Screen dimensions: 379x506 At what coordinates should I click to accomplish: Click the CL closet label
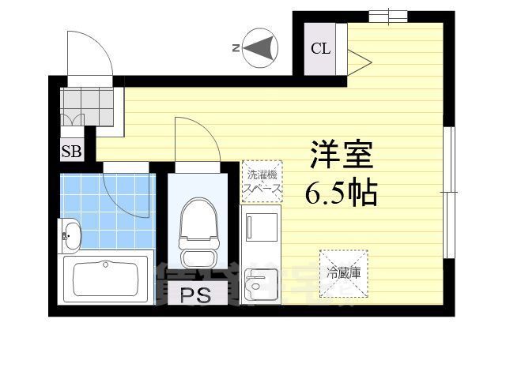pos(320,48)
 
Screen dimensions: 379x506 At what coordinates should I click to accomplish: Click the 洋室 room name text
pos(341,155)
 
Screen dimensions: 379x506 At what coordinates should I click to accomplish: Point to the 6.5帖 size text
pos(341,191)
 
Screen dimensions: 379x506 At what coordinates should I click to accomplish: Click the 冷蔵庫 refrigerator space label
pos(343,273)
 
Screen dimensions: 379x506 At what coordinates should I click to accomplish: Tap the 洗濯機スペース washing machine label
pos(262,182)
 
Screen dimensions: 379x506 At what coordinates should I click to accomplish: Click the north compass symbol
pos(259,48)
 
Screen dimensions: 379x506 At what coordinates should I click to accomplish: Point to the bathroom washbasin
pos(70,234)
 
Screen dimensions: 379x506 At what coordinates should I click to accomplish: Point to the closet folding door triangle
pos(357,58)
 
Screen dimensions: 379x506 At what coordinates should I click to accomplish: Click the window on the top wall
pos(387,15)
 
